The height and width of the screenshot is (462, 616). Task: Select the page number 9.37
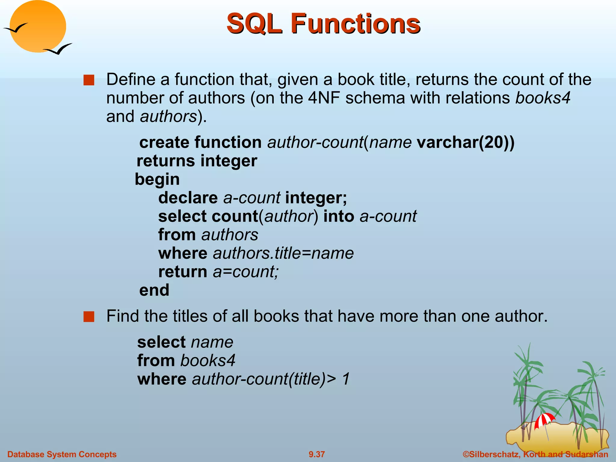pyautogui.click(x=317, y=454)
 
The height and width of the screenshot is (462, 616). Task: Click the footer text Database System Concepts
pyautogui.click(x=62, y=454)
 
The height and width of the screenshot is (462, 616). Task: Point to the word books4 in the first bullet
pyautogui.click(x=543, y=98)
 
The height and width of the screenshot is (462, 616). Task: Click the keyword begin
pyautogui.click(x=157, y=179)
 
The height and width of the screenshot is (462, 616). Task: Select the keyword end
pyautogui.click(x=154, y=290)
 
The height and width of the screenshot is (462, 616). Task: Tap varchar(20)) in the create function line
pyautogui.click(x=466, y=142)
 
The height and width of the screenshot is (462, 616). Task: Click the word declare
pyautogui.click(x=188, y=198)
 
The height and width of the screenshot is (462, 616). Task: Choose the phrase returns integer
pyautogui.click(x=197, y=161)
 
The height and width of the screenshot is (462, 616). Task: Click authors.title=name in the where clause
pyautogui.click(x=283, y=253)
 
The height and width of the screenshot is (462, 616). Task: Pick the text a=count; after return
pyautogui.click(x=246, y=272)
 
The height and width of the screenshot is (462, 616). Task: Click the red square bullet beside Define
pyautogui.click(x=89, y=80)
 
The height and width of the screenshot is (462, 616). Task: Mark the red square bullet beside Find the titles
pyautogui.click(x=89, y=317)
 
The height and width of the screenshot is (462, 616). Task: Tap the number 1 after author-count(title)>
pyautogui.click(x=346, y=379)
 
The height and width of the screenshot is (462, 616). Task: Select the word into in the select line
pyautogui.click(x=339, y=217)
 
